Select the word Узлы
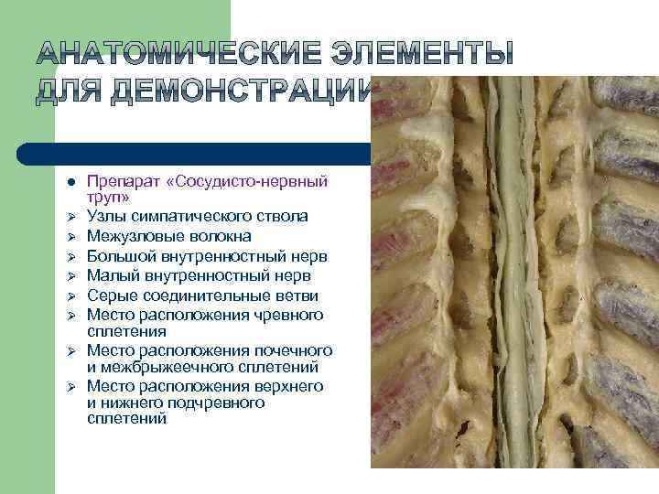point(106,216)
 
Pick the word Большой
point(120,256)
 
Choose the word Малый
point(111,275)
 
